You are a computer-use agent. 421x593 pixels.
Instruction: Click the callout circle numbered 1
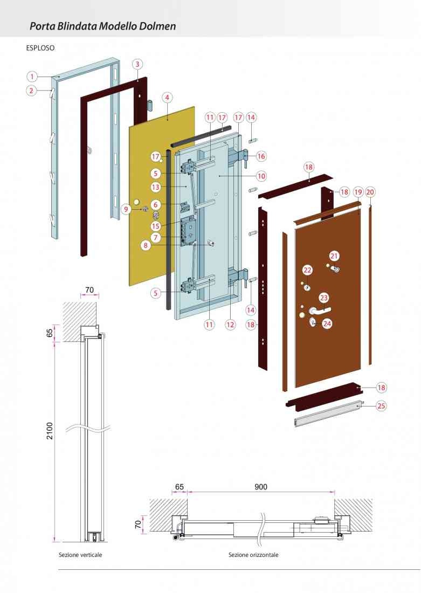point(32,76)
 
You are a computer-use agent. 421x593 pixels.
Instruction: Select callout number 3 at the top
point(137,64)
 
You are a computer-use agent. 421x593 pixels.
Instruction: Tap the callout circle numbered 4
point(168,98)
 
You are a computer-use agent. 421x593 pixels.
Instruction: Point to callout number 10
point(261,175)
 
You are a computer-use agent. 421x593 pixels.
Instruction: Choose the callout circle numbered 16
point(261,156)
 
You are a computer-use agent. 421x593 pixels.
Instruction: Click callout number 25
point(381,406)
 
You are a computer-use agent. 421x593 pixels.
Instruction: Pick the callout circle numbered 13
point(156,187)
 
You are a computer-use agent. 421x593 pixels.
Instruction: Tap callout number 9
point(126,209)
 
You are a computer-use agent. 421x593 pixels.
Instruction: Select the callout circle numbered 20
point(370,192)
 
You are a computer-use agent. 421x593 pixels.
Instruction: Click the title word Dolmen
point(159,26)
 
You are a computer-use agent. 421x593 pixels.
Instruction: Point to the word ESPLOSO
point(40,47)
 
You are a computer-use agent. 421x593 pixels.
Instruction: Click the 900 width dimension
point(261,487)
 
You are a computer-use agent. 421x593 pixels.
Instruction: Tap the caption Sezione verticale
point(80,555)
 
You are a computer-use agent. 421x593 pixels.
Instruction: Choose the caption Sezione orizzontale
point(253,555)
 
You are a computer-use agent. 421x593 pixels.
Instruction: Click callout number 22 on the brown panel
point(307,270)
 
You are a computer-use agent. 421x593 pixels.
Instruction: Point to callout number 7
point(155,237)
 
